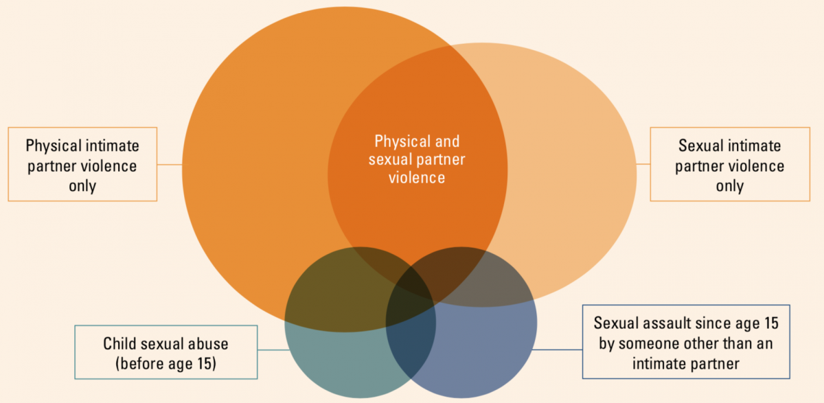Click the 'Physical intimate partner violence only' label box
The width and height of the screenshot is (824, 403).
[82, 164]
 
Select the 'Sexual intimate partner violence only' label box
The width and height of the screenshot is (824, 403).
[729, 165]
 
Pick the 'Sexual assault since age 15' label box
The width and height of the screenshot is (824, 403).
[686, 341]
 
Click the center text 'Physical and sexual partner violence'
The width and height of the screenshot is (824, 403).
[417, 159]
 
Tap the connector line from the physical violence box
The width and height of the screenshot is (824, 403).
[170, 165]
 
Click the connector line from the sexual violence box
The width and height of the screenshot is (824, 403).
[643, 165]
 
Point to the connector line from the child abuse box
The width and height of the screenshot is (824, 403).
[273, 350]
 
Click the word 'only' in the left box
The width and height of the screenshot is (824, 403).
[82, 185]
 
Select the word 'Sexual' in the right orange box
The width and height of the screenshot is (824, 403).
[700, 146]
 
